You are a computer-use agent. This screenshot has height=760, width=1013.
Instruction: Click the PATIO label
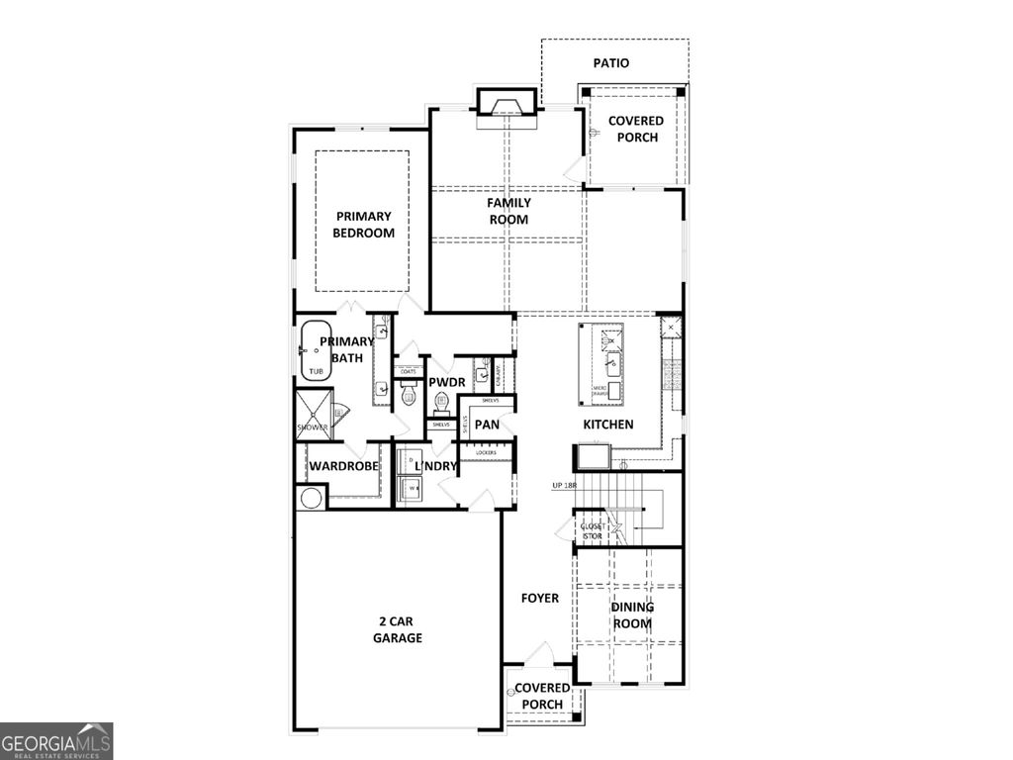[x=610, y=62]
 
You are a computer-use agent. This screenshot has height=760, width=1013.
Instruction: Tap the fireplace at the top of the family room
[x=507, y=104]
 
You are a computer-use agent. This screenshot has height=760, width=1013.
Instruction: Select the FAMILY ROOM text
[x=508, y=211]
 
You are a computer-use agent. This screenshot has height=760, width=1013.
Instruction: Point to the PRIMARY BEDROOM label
[x=363, y=225]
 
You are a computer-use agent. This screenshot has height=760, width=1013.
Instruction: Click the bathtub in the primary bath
[x=319, y=350]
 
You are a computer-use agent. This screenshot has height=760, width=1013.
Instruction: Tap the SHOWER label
[x=312, y=427]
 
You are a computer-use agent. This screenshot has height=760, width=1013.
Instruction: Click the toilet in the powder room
[x=441, y=402]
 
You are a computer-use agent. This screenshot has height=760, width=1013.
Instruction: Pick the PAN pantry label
[x=487, y=425]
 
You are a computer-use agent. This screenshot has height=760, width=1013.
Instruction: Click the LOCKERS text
[x=486, y=452]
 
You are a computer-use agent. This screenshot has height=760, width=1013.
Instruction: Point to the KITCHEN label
[x=607, y=424]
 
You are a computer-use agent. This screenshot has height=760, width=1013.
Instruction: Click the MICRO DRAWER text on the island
[x=599, y=390]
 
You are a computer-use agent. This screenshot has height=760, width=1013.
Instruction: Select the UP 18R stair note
[x=564, y=486]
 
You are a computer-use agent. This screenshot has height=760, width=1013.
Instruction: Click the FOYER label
[x=539, y=598]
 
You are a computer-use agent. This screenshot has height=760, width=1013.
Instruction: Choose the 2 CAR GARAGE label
[x=398, y=629]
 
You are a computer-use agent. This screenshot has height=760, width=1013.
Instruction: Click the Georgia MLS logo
[x=56, y=740]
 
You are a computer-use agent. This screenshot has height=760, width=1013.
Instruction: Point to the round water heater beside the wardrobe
[x=311, y=498]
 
